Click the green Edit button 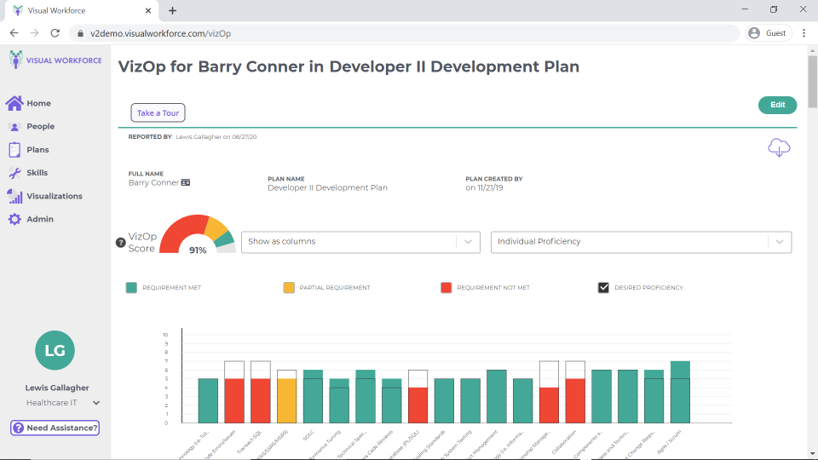777,105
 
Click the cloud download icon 779,147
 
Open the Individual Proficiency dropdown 641,242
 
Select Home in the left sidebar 37,103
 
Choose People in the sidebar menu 39,126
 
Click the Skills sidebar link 37,173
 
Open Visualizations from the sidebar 54,196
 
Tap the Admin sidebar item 39,219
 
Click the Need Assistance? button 55,428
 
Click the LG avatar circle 55,351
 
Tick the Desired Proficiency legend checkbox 604,288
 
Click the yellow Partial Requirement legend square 290,288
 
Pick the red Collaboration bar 575,400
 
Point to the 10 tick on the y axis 165,335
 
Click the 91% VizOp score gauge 197,235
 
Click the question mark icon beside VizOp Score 121,243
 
